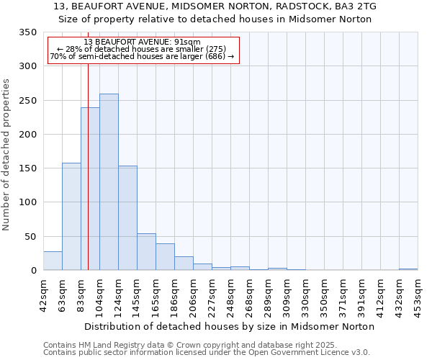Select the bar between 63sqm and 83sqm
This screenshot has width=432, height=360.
[x=71, y=216]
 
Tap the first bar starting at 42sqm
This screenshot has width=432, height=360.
[x=53, y=261]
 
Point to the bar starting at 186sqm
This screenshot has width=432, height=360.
[x=184, y=264]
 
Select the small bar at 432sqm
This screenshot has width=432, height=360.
[x=408, y=269]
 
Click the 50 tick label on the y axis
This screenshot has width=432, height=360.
[x=30, y=237]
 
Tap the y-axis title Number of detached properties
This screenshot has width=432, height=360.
[x=7, y=155]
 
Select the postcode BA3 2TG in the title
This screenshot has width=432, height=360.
[x=356, y=6]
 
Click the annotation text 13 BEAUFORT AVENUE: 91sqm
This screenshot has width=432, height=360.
[x=142, y=42]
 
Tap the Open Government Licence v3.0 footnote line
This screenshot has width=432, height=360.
[x=207, y=353]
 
